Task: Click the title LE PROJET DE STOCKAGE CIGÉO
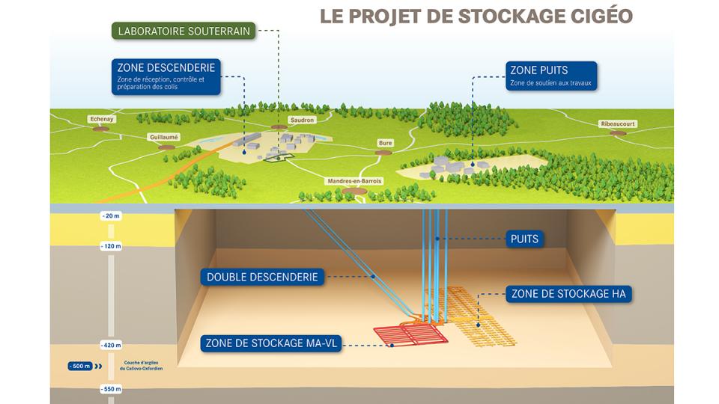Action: pos(476,16)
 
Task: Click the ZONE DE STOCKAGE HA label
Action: pos(568,294)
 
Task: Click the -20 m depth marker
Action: pos(112,215)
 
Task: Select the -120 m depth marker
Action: pos(112,245)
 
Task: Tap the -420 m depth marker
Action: pos(112,345)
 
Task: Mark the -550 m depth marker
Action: pos(112,390)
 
